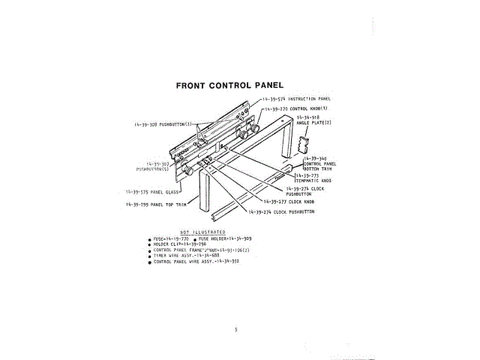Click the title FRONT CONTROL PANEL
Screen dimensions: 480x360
pos(229,85)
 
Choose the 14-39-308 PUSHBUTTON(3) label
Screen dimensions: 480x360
pos(164,124)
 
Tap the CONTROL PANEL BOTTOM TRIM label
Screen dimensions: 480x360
pos(321,164)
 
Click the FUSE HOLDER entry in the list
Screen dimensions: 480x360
pos(225,238)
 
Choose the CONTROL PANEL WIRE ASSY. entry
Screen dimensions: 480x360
pos(196,262)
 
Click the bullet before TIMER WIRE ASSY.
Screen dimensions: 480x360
pos(149,256)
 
